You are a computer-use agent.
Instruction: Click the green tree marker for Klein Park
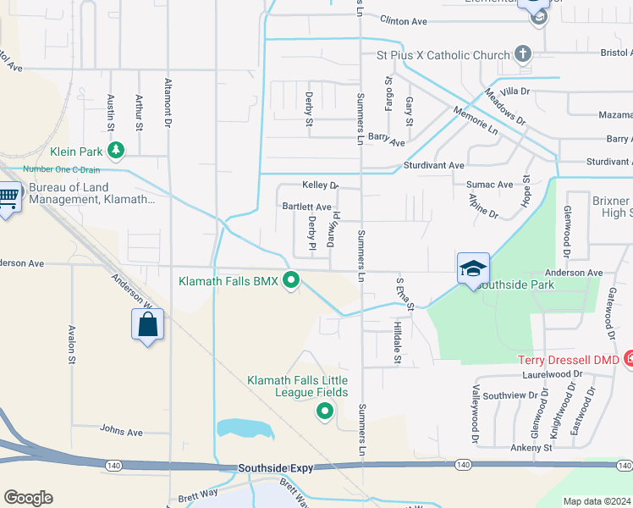pos(116,152)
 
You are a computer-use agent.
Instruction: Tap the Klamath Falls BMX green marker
pos(292,279)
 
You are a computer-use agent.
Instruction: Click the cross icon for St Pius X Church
pos(523,55)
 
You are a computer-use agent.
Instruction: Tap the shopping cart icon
pos(8,199)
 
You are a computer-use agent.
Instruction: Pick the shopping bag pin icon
pos(147,324)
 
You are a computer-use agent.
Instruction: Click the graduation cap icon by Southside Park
pos(473,268)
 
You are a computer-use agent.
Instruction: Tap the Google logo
pos(28,498)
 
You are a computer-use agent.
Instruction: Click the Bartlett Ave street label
pos(306,207)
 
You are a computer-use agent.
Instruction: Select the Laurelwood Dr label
pos(553,373)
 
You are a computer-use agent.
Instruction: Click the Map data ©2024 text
pos(597,501)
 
